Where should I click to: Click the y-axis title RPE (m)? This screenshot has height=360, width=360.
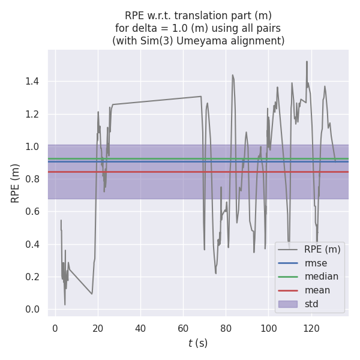[16, 183]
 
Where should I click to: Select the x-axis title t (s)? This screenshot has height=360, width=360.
[198, 343]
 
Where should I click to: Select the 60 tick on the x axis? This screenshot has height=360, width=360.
[184, 329]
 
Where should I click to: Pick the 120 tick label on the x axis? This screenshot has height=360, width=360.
[311, 329]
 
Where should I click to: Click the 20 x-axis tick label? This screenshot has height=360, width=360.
[98, 329]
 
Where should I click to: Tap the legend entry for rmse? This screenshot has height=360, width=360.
[316, 263]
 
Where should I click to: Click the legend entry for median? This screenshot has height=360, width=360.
[321, 277]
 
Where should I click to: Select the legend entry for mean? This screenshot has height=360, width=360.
[317, 290]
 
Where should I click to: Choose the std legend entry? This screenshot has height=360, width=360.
[311, 304]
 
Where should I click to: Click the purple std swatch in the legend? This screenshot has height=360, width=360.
[288, 304]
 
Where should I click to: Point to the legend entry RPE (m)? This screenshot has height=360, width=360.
[322, 250]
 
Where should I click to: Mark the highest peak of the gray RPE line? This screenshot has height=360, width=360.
[307, 61]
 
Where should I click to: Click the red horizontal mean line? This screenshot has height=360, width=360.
[180, 172]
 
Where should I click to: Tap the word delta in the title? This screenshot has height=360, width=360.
[143, 28]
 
